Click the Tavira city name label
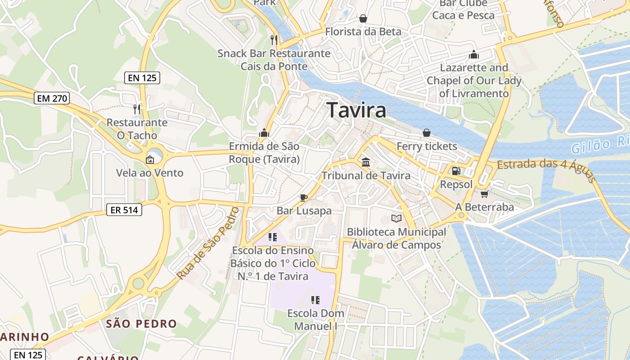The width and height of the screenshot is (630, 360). pos(356,110)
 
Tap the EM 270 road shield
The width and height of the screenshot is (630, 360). pos(52,98)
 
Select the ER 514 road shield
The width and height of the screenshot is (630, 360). pos(124,209)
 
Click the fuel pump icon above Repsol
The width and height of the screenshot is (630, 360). pos(456,171)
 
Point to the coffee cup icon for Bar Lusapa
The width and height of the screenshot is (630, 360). pos(304,198)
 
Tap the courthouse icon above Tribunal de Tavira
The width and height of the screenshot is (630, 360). pos(366,162)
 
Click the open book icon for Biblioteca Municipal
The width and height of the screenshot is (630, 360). pos(396,219)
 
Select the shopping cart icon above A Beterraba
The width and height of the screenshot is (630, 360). pos(484,194)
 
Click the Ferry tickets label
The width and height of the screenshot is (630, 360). pos(427,146)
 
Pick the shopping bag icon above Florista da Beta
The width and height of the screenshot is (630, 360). pos(363,18)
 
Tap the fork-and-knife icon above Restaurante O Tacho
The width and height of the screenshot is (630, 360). pos(137,109)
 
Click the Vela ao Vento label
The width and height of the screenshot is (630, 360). pos(150,173)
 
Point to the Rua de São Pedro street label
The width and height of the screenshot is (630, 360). pos(207,243)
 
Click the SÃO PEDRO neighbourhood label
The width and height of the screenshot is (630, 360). pos(141,324)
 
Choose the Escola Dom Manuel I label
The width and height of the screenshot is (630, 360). pos(315,319)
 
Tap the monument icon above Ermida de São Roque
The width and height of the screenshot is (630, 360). pos(264,133)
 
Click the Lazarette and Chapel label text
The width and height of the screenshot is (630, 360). pos(474,81)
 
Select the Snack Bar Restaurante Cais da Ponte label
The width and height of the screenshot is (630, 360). pos(274,60)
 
